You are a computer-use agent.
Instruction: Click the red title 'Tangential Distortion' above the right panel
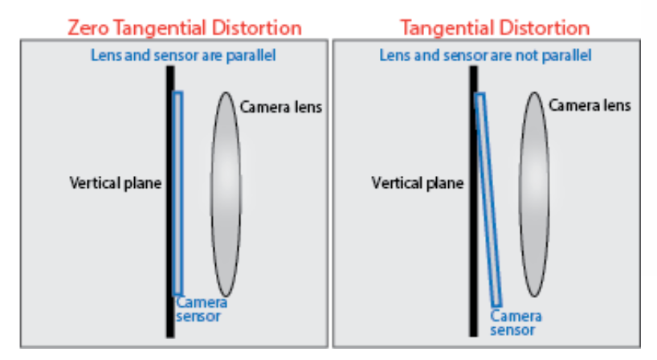coord(495,27)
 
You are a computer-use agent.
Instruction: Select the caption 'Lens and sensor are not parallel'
coord(485,55)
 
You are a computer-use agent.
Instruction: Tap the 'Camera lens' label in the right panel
coord(590,105)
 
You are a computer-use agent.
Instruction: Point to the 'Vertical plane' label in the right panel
coord(418,183)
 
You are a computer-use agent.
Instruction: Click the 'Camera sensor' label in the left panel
coord(201,309)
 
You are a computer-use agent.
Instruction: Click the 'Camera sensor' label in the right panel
coord(512,322)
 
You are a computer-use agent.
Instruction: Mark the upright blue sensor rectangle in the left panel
coord(178,193)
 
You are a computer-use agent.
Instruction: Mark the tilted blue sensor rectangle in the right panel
coord(489,201)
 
